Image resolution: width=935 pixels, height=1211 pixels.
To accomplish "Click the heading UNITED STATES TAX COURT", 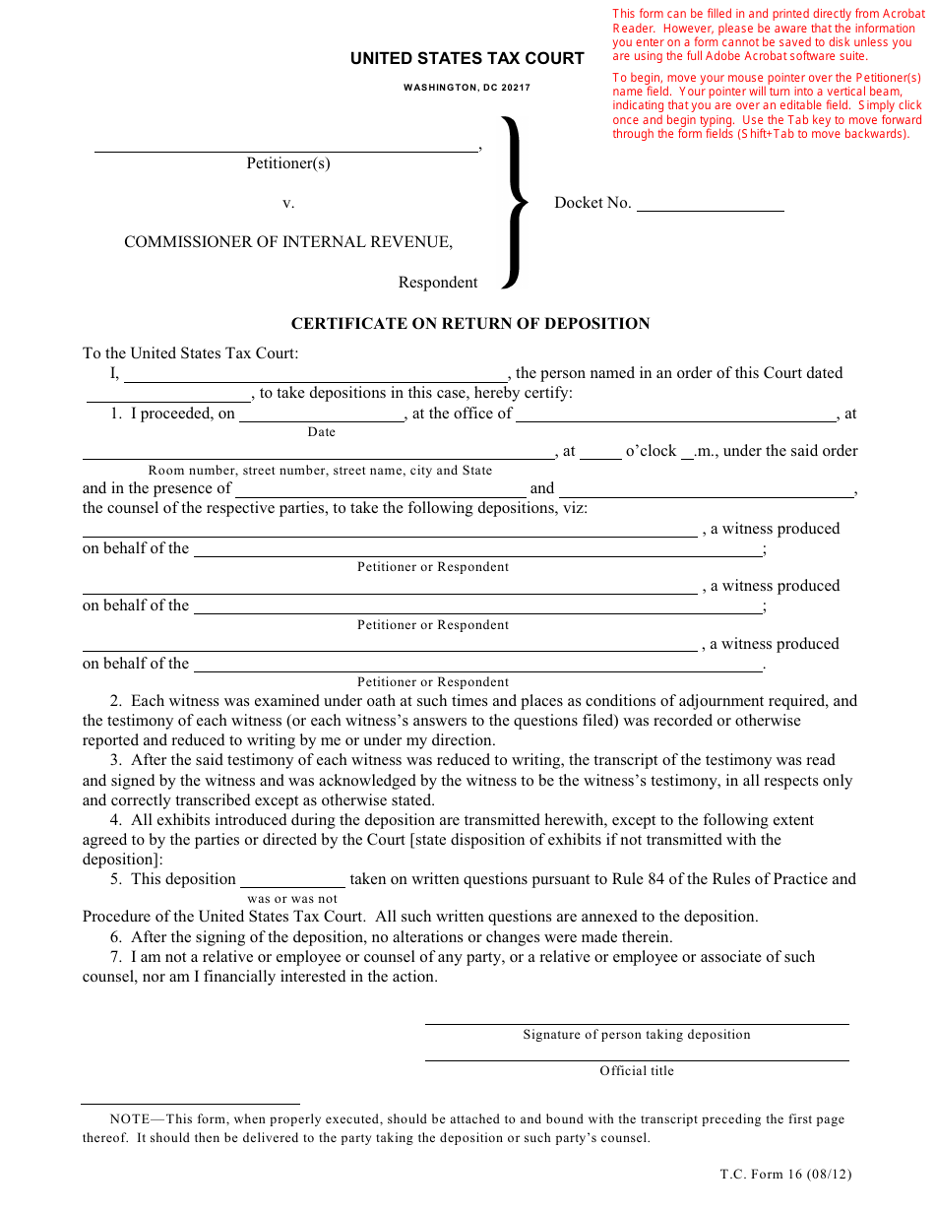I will tap(467, 59).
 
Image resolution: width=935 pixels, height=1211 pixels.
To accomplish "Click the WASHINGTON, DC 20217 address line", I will tap(467, 88).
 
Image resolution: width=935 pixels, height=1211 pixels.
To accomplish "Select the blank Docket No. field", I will tap(710, 204).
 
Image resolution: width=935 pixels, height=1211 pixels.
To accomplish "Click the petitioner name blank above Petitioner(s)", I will tap(285, 145).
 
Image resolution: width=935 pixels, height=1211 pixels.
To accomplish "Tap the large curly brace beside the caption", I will tap(515, 203).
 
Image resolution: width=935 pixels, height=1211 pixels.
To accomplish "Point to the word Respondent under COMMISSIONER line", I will tap(438, 283).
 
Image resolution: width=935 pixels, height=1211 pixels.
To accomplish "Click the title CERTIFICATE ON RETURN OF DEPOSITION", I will tap(470, 324).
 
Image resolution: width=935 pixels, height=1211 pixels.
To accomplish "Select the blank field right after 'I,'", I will tap(315, 374).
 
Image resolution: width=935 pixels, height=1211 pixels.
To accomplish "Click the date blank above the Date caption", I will tap(322, 414).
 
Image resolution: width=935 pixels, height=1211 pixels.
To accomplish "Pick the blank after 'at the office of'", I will tap(676, 414).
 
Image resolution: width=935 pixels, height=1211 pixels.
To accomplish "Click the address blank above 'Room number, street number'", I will tap(319, 452).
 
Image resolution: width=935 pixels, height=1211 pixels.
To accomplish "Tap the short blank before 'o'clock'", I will tap(600, 452).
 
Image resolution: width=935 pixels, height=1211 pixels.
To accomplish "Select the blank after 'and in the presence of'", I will tap(381, 489).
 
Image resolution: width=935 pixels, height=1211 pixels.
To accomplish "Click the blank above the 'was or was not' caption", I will tap(292, 880).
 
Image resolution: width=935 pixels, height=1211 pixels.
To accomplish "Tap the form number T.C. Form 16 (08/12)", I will tap(785, 1174).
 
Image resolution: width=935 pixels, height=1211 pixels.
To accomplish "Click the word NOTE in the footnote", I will tap(130, 1119).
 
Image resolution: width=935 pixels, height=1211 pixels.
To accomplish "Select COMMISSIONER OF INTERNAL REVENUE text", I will tap(288, 242).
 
